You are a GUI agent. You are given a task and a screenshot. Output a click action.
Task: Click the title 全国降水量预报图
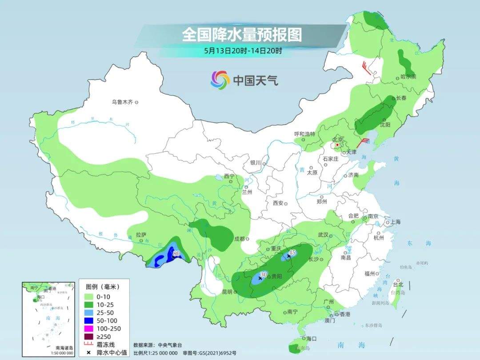pyautogui.click(x=242, y=34)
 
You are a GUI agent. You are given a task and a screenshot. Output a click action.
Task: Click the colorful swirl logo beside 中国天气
pyautogui.click(x=220, y=80)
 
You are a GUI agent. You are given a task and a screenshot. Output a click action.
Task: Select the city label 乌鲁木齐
pyautogui.click(x=122, y=102)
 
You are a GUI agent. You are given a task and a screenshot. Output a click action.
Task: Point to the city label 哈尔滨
pyautogui.click(x=408, y=77)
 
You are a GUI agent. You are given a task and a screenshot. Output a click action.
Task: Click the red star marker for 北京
pyautogui.click(x=338, y=145)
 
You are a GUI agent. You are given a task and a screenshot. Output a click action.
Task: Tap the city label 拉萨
pyautogui.click(x=141, y=234)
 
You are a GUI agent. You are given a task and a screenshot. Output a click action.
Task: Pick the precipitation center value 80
pyautogui.click(x=176, y=254)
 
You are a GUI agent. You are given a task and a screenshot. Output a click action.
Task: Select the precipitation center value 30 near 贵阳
pyautogui.click(x=263, y=275)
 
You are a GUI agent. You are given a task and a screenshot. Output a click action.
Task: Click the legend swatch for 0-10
pyautogui.click(x=88, y=296)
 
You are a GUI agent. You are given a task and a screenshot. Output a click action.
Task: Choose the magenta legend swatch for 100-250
pyautogui.click(x=88, y=328)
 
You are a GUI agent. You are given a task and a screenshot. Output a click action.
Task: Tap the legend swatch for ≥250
pyautogui.click(x=88, y=336)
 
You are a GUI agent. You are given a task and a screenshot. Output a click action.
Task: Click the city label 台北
pyautogui.click(x=398, y=284)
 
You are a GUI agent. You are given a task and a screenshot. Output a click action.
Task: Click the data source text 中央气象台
pyautogui.click(x=170, y=345)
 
